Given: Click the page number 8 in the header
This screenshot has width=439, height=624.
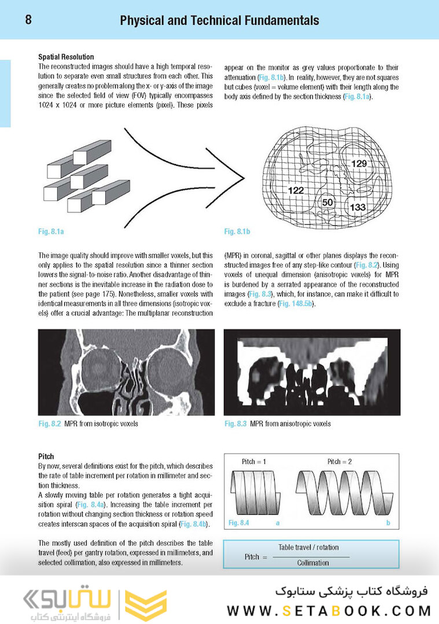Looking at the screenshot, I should [x=28, y=20].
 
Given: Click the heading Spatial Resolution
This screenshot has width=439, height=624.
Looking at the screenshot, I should [x=66, y=57].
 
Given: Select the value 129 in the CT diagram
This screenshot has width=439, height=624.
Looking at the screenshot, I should [x=359, y=164].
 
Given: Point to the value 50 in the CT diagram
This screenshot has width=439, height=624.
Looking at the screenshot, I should [x=327, y=202].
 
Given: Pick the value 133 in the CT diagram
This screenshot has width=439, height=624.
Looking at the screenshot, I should [x=358, y=207].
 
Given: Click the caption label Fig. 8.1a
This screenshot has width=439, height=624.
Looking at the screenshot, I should [x=51, y=232].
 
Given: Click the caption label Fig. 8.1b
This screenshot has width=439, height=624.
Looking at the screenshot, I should [x=237, y=232].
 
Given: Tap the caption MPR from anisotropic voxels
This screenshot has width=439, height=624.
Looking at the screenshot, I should [x=290, y=424].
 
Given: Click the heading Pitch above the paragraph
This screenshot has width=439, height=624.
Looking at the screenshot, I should [x=46, y=456].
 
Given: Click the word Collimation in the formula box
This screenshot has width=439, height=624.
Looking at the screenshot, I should [x=313, y=562].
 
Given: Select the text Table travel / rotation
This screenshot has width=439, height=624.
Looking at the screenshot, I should [x=309, y=547].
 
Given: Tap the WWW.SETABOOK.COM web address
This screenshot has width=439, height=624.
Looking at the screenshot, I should [x=329, y=610].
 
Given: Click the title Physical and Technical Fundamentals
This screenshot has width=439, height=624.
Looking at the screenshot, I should [x=219, y=21].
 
